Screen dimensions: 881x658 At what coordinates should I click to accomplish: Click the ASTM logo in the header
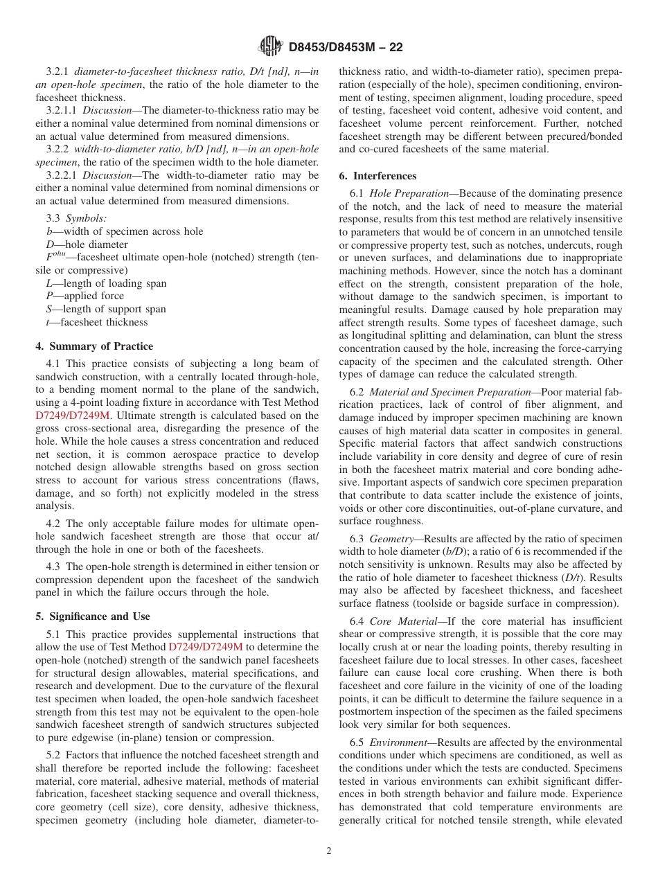[x=270, y=47]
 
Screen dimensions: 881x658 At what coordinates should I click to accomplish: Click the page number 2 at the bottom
[x=329, y=851]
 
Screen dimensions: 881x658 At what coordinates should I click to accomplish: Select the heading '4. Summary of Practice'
[x=94, y=346]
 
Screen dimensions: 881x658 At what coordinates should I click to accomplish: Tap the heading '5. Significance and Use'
[x=93, y=616]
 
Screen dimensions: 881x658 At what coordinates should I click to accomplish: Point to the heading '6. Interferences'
[x=377, y=176]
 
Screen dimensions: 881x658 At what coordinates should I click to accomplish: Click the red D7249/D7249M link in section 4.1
[x=73, y=416]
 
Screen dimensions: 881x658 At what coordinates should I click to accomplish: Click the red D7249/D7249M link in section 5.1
[x=206, y=647]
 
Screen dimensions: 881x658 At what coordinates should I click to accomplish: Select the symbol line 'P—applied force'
[x=85, y=296]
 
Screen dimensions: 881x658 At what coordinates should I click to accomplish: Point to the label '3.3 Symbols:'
[x=76, y=218]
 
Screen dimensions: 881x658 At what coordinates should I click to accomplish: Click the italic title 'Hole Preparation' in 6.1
[x=413, y=193]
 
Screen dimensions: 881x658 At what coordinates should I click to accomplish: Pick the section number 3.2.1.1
[x=62, y=110]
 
